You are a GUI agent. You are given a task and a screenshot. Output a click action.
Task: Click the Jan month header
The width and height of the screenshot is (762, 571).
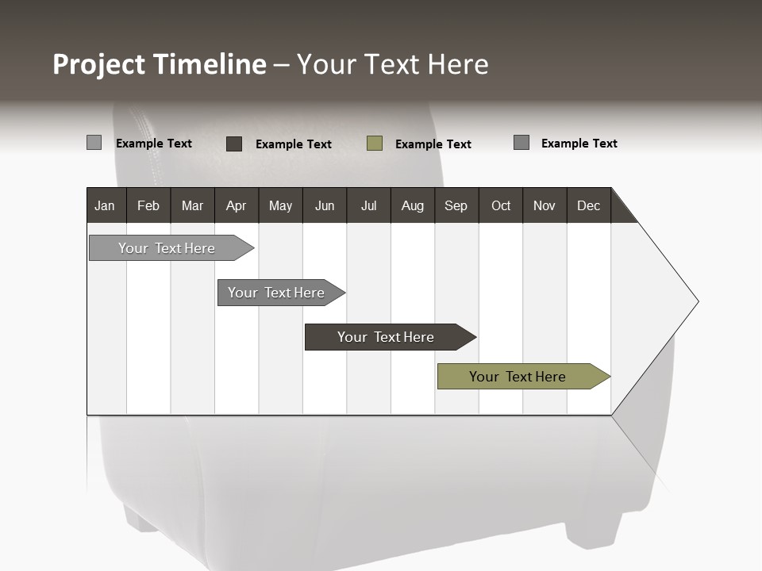click(x=105, y=205)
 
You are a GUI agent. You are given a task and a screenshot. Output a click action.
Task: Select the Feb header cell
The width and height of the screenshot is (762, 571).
click(x=148, y=205)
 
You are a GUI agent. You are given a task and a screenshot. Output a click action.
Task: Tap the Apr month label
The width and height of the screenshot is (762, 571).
click(x=236, y=205)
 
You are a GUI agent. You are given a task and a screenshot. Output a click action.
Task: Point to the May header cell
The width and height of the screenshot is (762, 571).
click(x=280, y=205)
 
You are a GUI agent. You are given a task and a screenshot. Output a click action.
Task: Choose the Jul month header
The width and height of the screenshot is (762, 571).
click(x=368, y=205)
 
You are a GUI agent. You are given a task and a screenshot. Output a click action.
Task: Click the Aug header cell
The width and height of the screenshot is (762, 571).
click(x=412, y=205)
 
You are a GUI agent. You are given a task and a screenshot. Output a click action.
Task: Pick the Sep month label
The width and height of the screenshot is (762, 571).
click(x=456, y=205)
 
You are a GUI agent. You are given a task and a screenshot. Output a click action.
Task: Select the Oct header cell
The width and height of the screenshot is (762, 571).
click(x=501, y=205)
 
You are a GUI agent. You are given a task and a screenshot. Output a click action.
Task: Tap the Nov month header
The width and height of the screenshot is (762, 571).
click(x=545, y=205)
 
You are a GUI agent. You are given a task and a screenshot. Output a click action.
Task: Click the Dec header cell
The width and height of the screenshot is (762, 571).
click(x=588, y=205)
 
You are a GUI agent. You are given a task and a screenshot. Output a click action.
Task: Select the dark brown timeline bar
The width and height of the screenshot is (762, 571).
click(x=387, y=337)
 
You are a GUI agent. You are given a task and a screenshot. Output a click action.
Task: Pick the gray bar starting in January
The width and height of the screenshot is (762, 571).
click(x=167, y=248)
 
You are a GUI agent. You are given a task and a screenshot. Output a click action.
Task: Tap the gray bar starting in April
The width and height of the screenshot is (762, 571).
click(x=277, y=293)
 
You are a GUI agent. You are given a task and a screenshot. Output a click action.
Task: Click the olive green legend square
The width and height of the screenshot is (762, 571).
click(x=375, y=144)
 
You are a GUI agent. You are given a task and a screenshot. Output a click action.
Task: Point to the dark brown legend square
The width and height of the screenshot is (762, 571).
click(x=234, y=144)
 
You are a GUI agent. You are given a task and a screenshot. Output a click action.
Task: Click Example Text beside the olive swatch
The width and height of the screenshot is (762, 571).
click(x=433, y=144)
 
